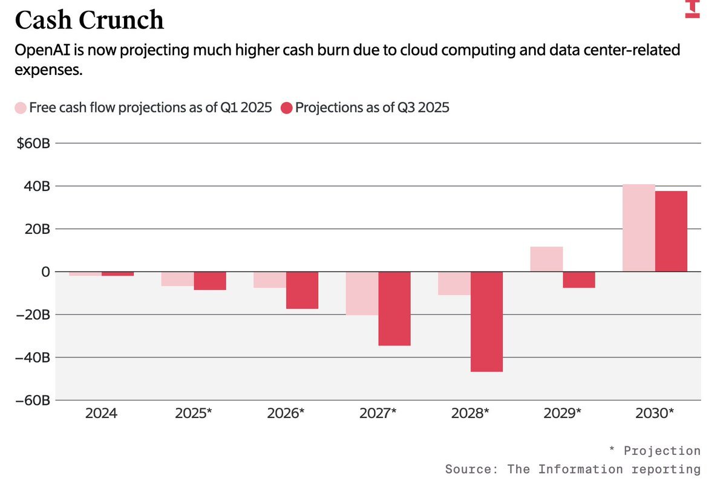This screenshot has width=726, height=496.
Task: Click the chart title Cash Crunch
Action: click(89, 20)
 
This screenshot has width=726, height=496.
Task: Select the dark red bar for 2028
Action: click(486, 321)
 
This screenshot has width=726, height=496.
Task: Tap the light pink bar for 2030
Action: click(638, 228)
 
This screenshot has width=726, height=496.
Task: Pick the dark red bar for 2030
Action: click(671, 231)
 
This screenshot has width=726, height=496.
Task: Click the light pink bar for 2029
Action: click(546, 259)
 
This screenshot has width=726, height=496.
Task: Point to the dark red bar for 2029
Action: click(579, 280)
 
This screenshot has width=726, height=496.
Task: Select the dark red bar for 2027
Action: click(394, 309)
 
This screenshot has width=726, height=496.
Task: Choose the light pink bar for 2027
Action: click(362, 294)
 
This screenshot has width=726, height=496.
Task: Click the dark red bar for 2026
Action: click(302, 291)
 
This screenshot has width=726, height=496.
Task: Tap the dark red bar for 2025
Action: click(210, 281)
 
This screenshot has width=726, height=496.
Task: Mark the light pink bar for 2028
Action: click(454, 283)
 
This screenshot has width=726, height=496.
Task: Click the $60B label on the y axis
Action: click(33, 144)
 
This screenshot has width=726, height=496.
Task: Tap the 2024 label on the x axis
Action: click(101, 414)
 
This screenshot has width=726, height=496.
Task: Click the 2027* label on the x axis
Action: click(378, 414)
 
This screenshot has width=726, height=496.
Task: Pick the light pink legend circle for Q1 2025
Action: click(21, 108)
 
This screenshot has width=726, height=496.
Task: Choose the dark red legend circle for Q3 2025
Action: click(286, 108)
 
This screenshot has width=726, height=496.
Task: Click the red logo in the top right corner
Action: click(692, 8)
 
